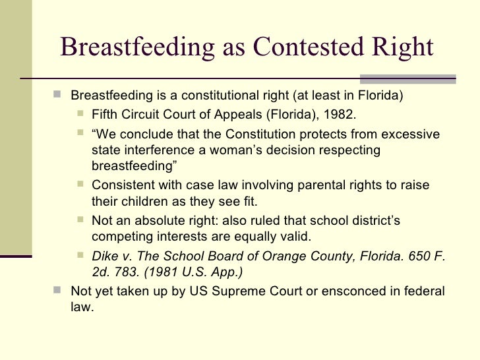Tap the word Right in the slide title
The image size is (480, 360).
click(x=402, y=47)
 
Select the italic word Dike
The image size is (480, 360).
click(x=105, y=257)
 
